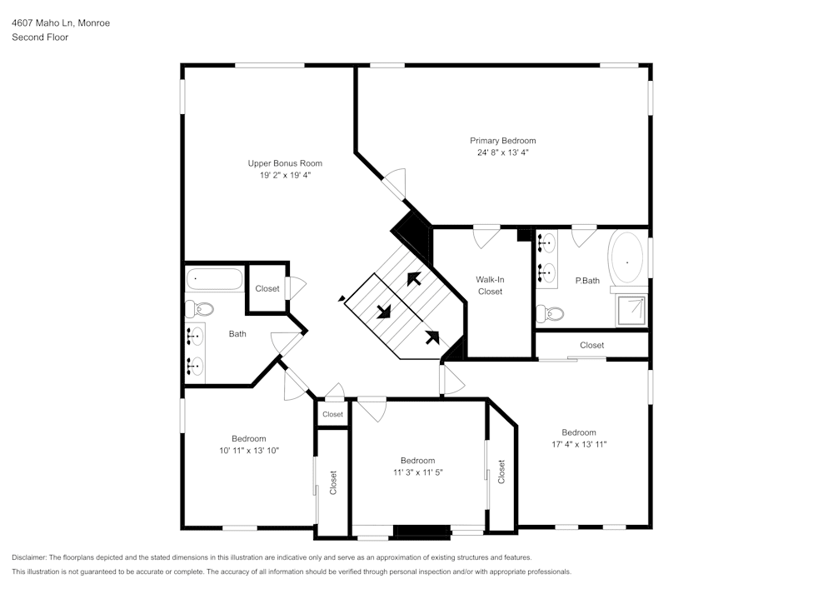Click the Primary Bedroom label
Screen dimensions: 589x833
tap(502, 141)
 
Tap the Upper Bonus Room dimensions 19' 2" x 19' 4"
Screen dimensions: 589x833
tap(284, 176)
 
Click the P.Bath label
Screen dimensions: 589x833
tap(587, 281)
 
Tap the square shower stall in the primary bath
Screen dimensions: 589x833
tap(631, 310)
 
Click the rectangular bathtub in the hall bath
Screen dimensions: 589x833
tap(214, 279)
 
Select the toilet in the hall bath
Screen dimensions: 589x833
tap(199, 309)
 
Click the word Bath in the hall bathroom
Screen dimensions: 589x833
tap(237, 334)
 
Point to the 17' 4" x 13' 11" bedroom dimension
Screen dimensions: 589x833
tap(578, 444)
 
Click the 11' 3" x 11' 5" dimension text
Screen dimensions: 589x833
tap(417, 472)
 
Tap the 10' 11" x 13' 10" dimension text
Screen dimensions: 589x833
tap(248, 451)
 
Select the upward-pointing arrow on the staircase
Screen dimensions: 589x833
tap(412, 278)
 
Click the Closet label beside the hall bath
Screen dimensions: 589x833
tap(267, 289)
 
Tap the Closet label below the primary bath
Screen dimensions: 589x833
tap(591, 345)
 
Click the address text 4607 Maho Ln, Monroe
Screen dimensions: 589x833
tap(61, 23)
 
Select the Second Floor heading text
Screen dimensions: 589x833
tap(40, 37)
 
